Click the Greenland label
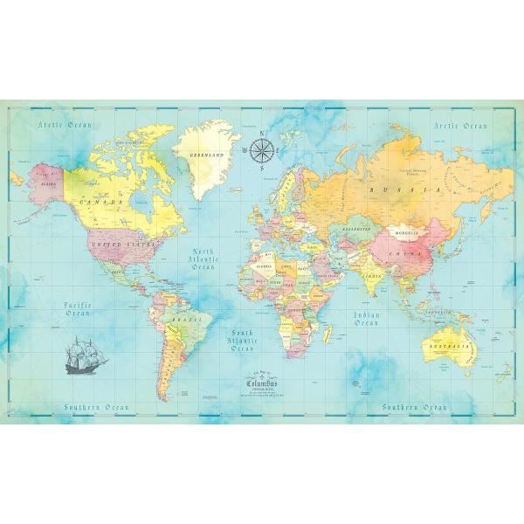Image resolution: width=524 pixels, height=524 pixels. click(208, 155)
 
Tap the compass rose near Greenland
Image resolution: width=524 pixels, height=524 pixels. click(265, 151)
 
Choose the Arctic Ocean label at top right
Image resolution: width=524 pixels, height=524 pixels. click(460, 126)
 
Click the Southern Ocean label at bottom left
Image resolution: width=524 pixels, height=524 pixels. click(95, 407)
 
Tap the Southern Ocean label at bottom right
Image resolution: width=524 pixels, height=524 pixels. click(416, 407)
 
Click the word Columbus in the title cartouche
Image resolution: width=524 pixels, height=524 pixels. click(261, 382)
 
